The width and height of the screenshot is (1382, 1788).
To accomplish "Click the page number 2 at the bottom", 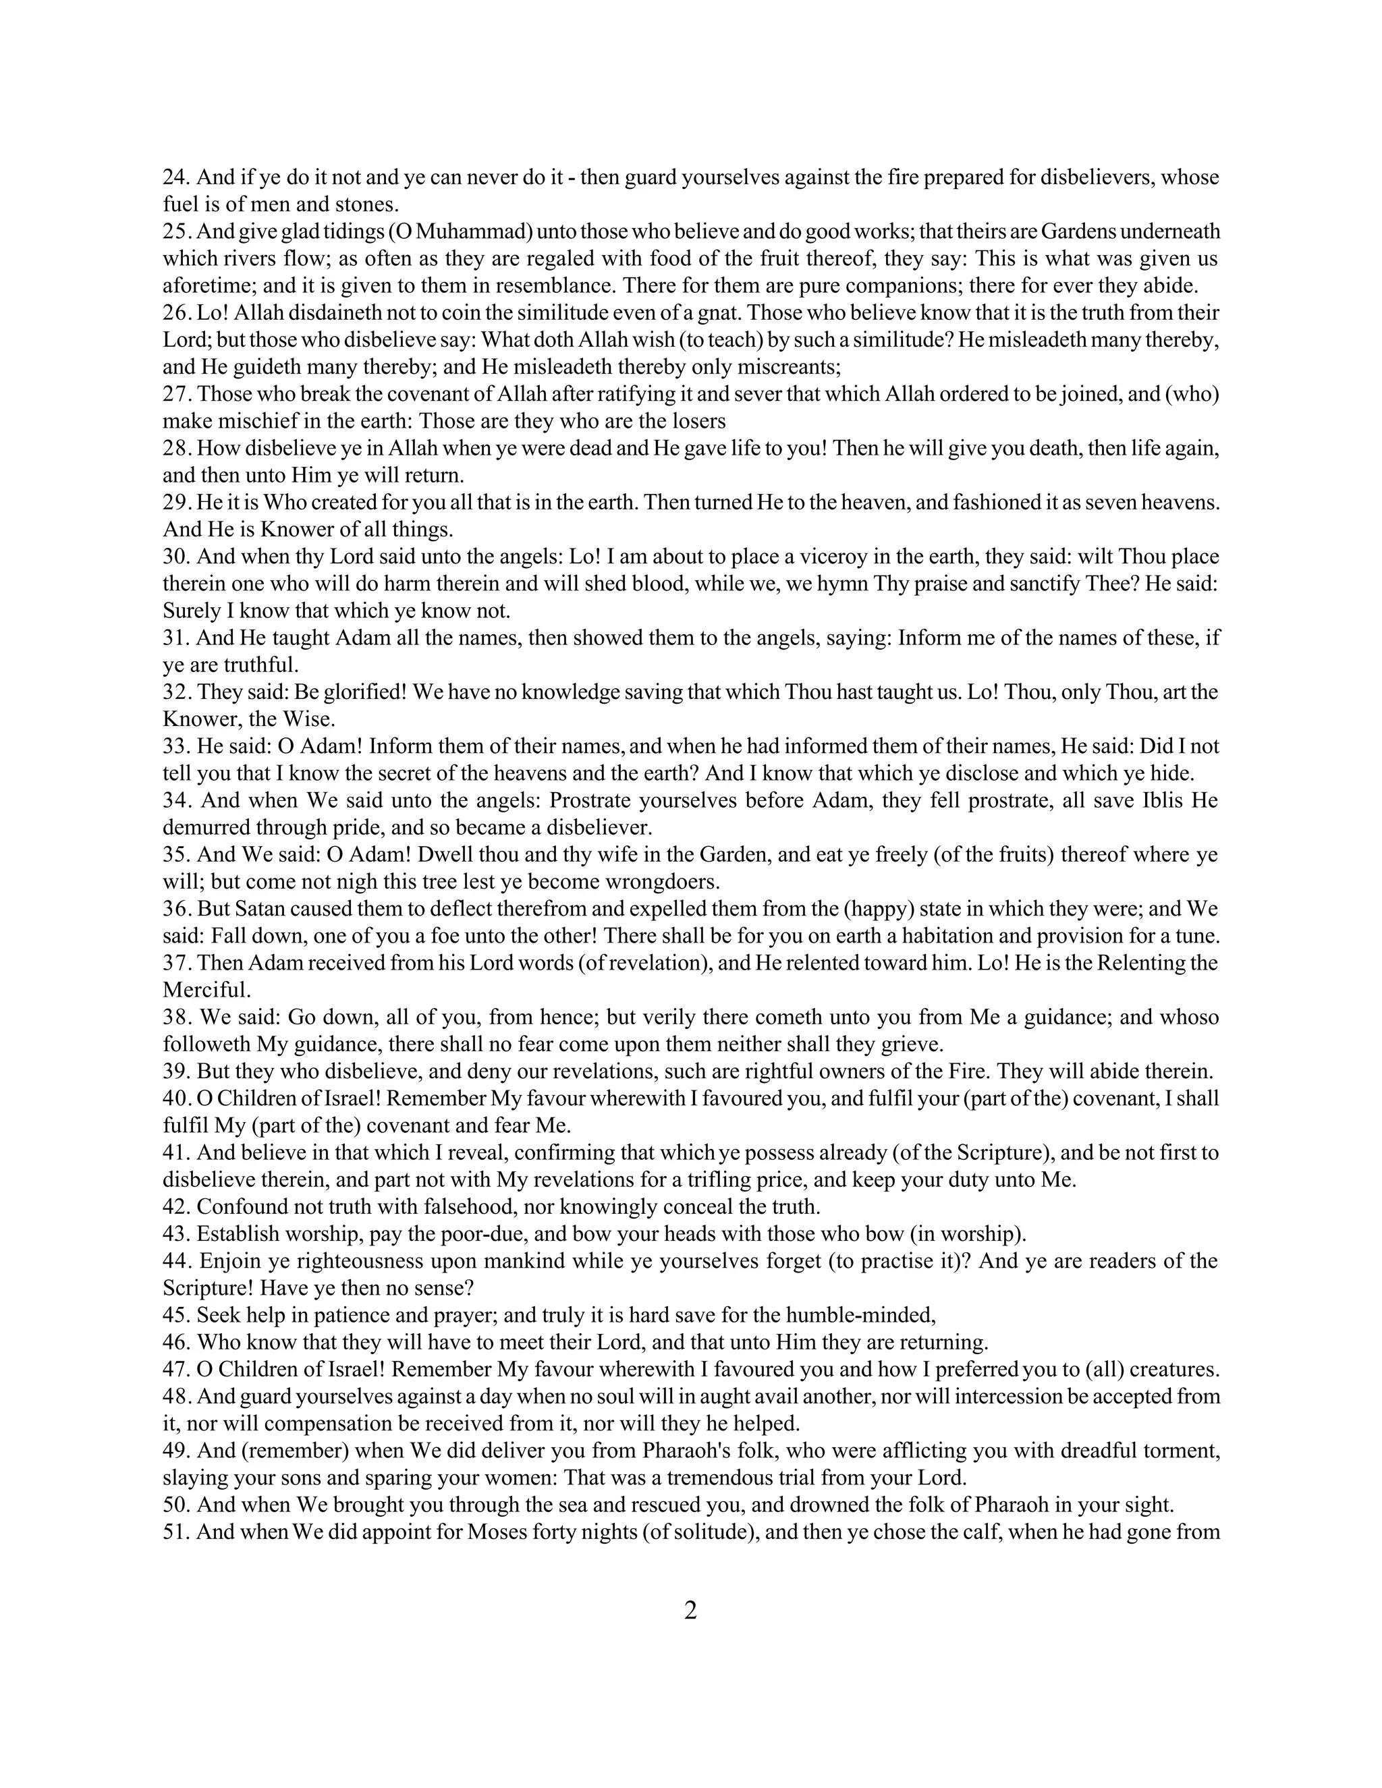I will click(x=690, y=1611).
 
